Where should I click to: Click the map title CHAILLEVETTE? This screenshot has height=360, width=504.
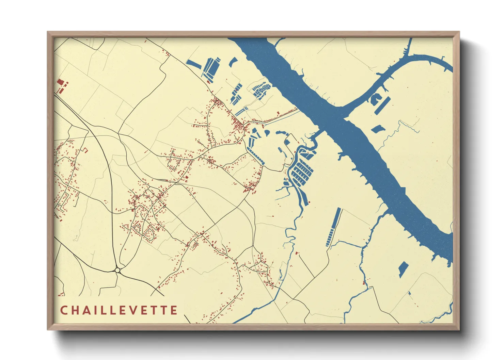pyautogui.click(x=119, y=310)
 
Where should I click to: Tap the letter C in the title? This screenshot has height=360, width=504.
pyautogui.click(x=64, y=310)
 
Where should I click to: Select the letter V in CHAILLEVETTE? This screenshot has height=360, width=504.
pyautogui.click(x=140, y=310)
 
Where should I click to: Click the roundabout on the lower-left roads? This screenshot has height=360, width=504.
pyautogui.click(x=118, y=270)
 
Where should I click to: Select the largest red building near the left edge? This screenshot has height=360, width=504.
pyautogui.click(x=60, y=82)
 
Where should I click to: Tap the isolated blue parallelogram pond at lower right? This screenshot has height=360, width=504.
pyautogui.click(x=403, y=269)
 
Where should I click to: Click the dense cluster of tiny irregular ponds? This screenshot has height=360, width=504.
pyautogui.click(x=261, y=90)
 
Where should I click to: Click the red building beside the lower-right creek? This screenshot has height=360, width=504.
pyautogui.click(x=364, y=282)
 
